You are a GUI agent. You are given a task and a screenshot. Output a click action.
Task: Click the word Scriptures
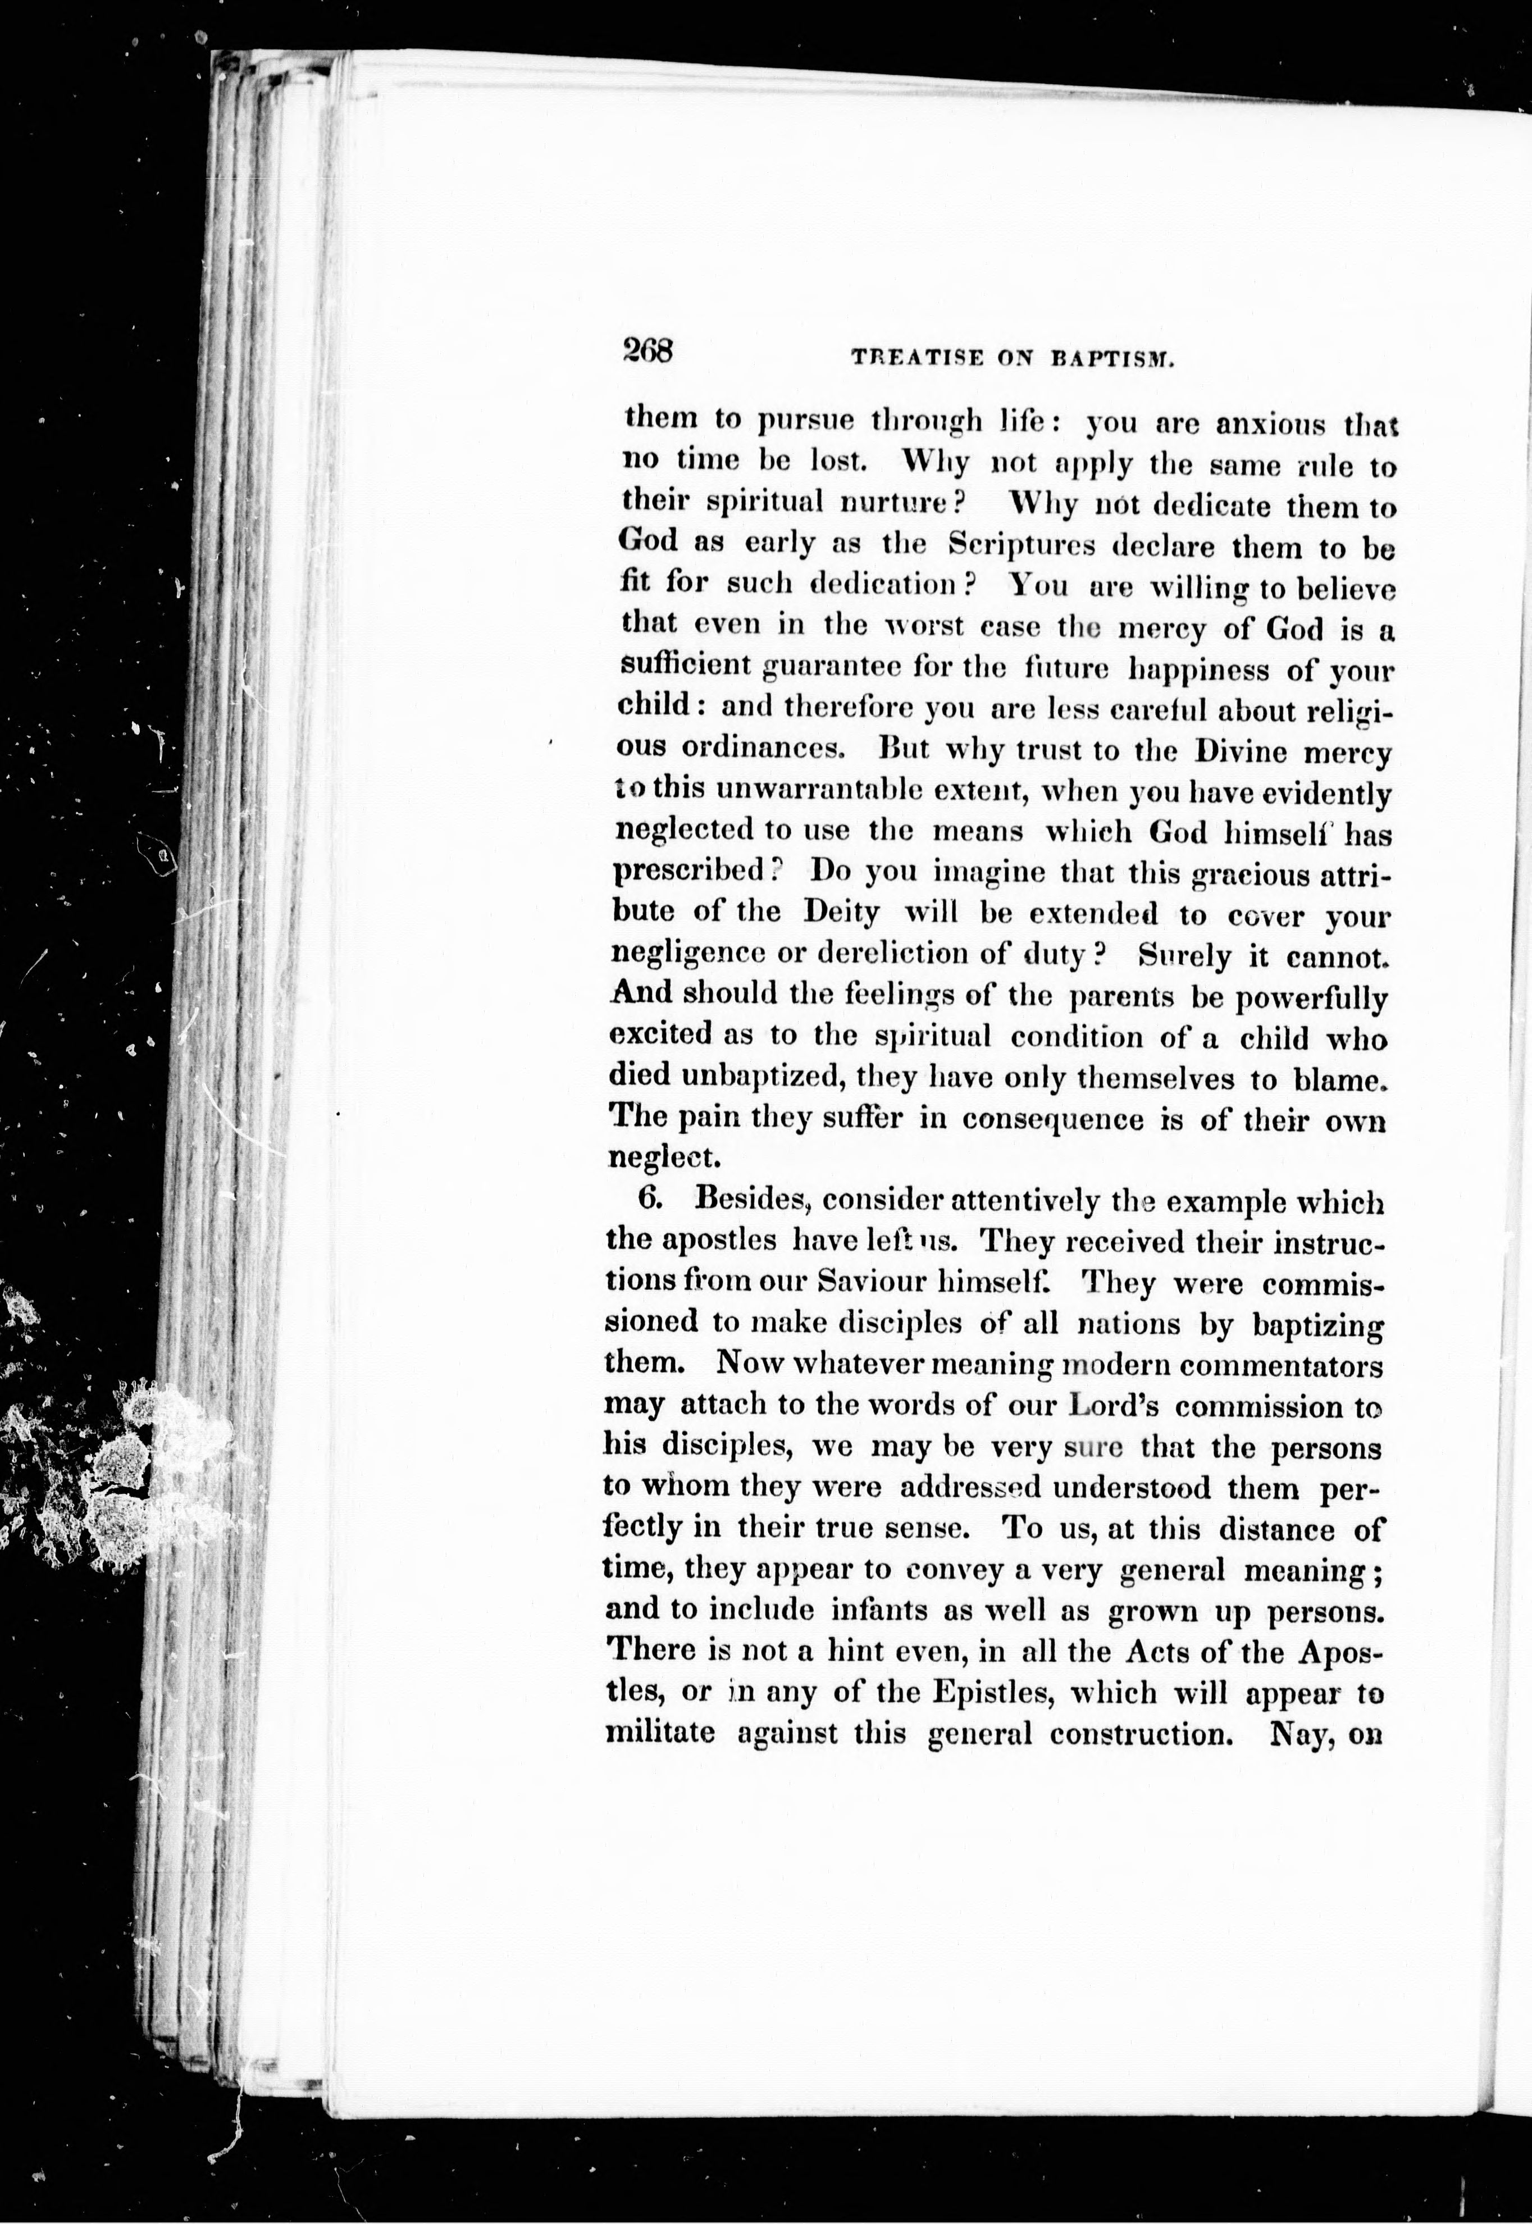[1022, 545]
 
